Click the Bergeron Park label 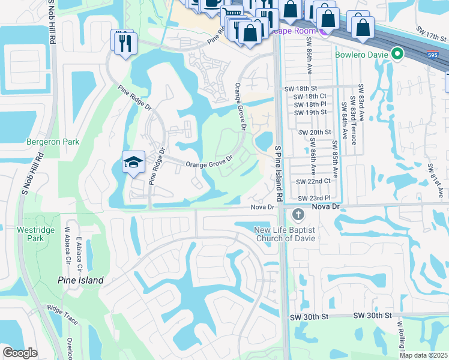pos(53,142)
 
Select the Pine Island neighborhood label pos(80,280)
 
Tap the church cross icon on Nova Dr pos(297,214)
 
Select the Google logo pos(20,353)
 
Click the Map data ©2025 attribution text pos(423,355)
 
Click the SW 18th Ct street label pos(310,96)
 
